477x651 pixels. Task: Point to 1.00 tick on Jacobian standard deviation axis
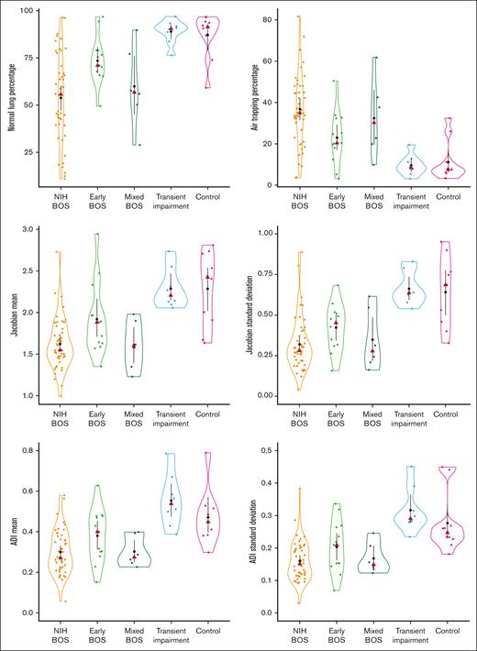[x=272, y=233]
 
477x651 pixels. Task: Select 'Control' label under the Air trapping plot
[x=448, y=197]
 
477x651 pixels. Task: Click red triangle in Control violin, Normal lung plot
[x=207, y=28]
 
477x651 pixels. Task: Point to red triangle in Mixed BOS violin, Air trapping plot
[x=374, y=121]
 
